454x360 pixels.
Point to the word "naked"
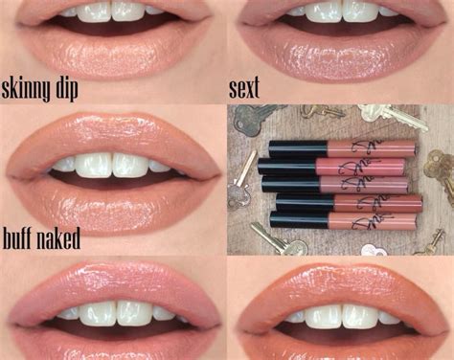pos(57,237)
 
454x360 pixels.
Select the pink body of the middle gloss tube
pos(369,185)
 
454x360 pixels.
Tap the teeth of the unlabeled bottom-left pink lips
pos(113,313)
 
